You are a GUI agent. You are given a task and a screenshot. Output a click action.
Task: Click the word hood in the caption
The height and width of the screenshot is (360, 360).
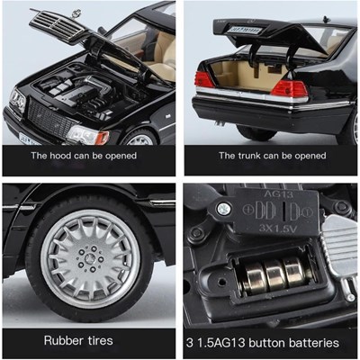(60, 156)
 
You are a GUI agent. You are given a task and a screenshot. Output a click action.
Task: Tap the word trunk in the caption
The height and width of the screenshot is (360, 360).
(250, 156)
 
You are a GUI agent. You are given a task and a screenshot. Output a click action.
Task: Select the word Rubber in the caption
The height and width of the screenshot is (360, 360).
(64, 340)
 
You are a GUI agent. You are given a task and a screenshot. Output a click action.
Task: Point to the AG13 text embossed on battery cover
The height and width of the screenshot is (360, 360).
(278, 194)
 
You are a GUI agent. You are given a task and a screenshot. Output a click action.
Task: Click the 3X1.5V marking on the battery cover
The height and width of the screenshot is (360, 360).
(278, 229)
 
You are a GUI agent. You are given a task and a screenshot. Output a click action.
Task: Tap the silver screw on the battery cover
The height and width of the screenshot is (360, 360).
(223, 209)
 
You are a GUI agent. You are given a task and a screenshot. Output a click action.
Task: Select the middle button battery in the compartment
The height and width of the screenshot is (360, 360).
(274, 275)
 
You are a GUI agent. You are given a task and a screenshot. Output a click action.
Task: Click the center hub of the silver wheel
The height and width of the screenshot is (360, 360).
(89, 258)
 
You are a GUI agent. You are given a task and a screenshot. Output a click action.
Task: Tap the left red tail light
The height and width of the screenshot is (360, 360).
(204, 80)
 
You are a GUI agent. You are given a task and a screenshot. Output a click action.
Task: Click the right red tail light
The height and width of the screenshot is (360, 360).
(289, 89)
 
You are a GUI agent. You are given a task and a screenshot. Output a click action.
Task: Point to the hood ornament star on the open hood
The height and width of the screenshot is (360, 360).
(76, 13)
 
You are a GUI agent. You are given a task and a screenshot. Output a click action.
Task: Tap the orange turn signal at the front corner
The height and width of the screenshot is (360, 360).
(103, 138)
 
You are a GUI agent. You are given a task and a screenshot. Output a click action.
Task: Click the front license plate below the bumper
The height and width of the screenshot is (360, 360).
(29, 139)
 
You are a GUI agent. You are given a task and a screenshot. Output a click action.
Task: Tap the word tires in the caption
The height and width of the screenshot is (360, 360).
(101, 340)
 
